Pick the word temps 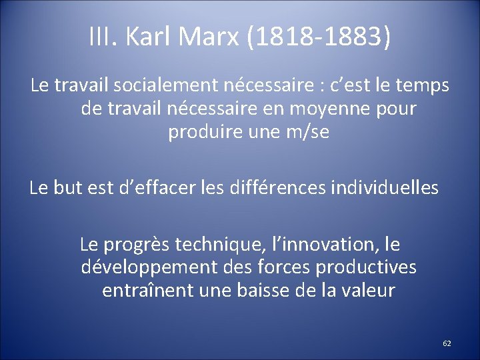click(x=421, y=86)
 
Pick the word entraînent click(x=145, y=291)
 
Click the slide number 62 click(x=447, y=343)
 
